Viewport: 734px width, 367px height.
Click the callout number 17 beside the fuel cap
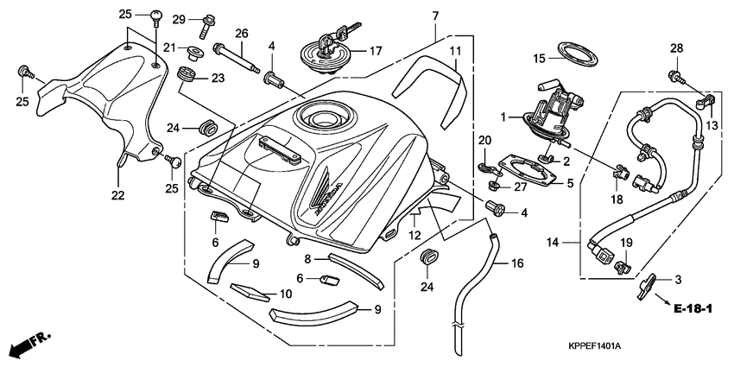(x=376, y=52)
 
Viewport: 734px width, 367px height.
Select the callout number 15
(x=538, y=59)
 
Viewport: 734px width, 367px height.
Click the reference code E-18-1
(x=692, y=308)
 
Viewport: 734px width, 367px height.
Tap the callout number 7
(x=435, y=16)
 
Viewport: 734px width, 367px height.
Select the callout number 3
(x=679, y=279)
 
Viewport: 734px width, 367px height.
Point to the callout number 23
(x=218, y=79)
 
